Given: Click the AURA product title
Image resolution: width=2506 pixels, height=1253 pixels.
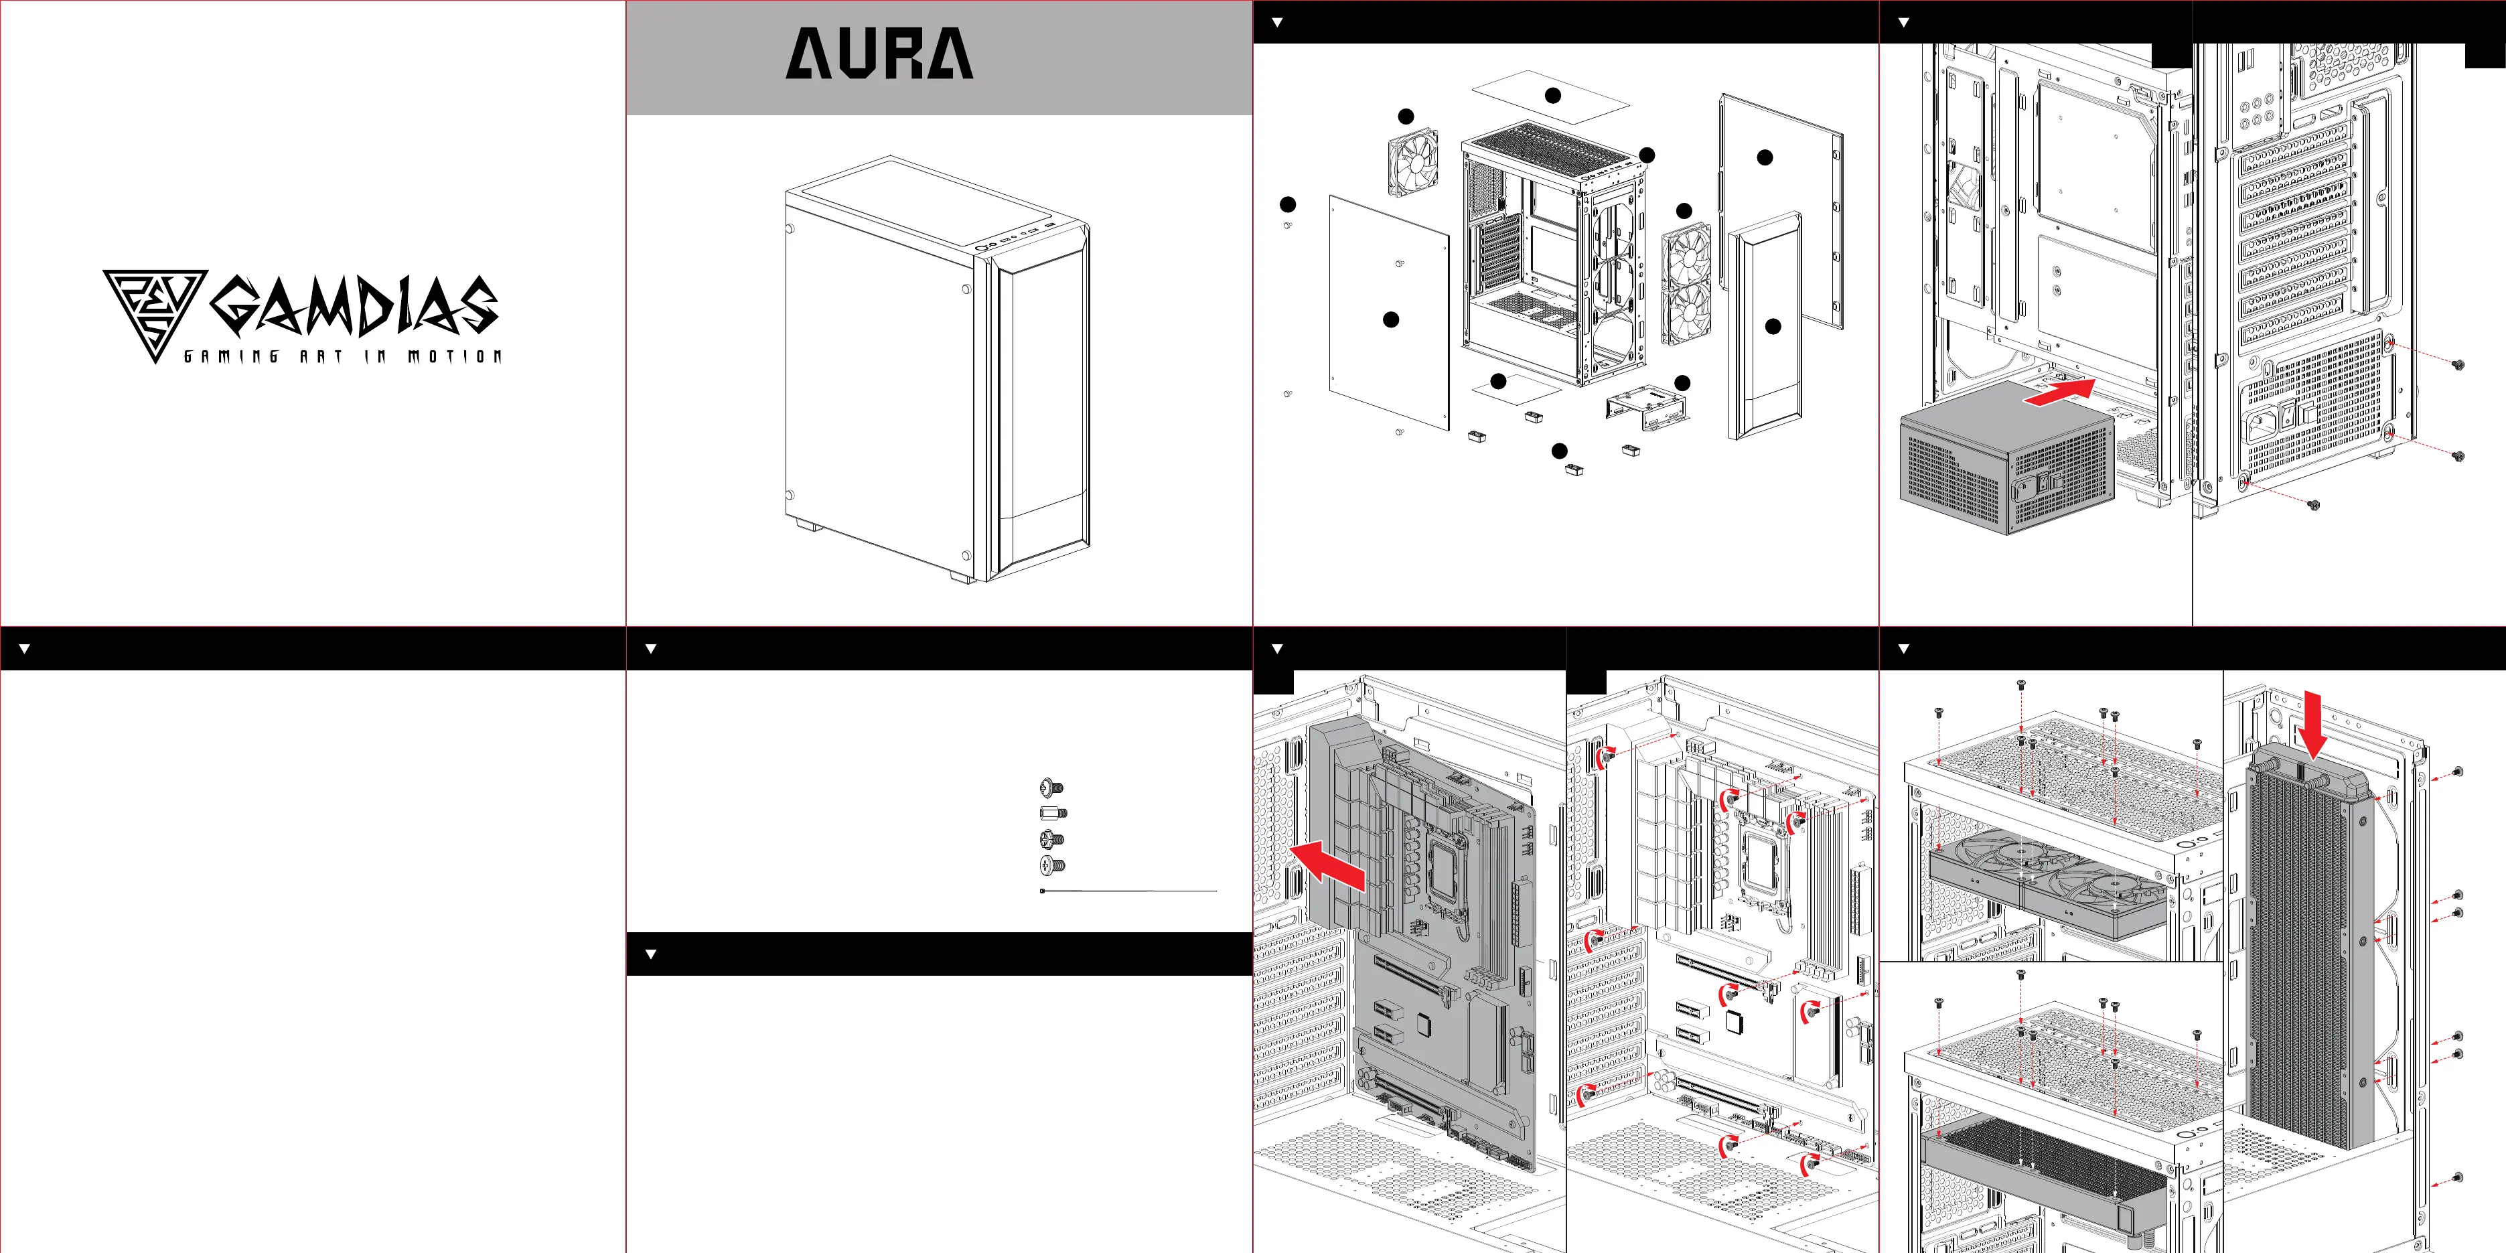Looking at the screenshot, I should click(879, 54).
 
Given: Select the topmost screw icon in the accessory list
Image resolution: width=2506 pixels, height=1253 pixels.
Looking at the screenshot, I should click(1051, 787).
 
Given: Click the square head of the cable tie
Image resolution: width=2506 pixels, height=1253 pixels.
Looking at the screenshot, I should click(1043, 890).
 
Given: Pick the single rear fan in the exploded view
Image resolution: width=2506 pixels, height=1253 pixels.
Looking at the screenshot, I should click(1412, 163).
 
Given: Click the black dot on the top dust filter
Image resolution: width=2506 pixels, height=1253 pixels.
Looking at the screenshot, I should click(1552, 95).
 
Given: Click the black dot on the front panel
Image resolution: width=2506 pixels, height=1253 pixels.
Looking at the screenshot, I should click(1773, 327).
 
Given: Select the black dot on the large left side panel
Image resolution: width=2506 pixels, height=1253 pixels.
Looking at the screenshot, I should click(1391, 319).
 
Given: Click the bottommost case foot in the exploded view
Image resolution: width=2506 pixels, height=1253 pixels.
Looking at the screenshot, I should click(1573, 470).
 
